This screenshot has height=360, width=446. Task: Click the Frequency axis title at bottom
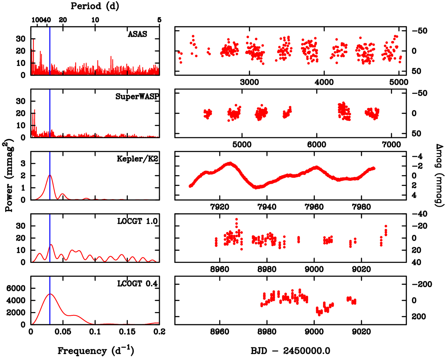click(x=95, y=350)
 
